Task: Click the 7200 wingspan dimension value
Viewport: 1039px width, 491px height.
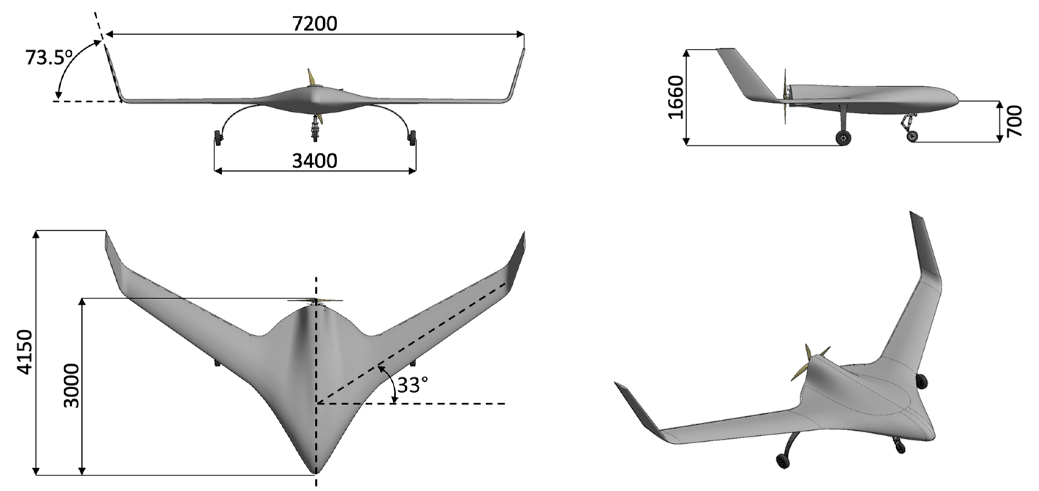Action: click(315, 24)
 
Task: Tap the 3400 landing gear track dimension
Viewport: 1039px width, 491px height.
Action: click(315, 161)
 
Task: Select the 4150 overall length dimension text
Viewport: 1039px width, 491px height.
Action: click(25, 352)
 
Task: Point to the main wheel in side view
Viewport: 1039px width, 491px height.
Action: click(843, 138)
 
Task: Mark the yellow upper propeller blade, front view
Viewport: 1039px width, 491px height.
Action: click(311, 77)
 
